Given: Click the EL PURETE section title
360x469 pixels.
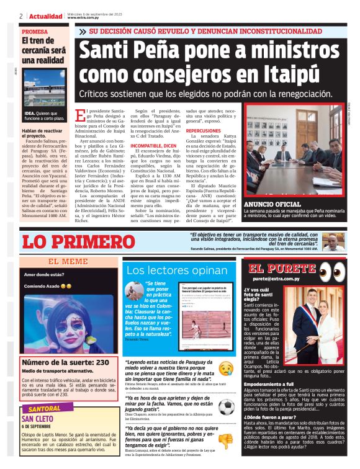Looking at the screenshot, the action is click(281, 269).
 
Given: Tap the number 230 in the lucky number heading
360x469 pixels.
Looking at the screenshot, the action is click(102, 362).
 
